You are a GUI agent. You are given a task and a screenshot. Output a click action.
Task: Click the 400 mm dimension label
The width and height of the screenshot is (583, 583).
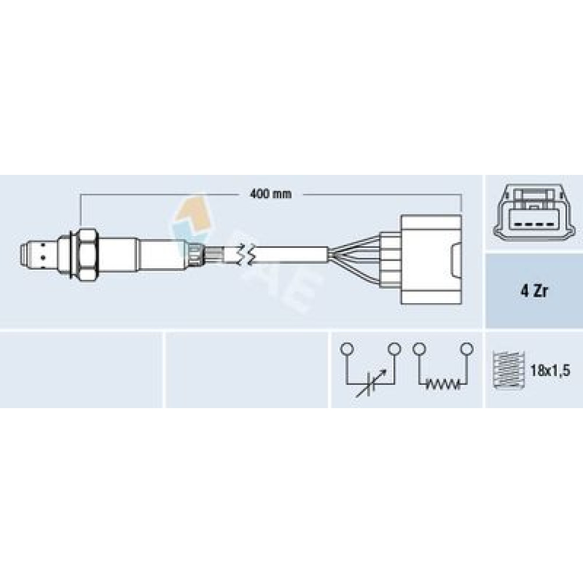point(271,194)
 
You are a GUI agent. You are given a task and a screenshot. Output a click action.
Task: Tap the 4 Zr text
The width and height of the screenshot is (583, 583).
point(534,291)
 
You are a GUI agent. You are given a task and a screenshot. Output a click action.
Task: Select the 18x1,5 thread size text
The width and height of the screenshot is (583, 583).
point(550,370)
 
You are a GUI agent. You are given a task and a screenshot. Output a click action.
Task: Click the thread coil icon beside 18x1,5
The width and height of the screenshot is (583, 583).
point(508,370)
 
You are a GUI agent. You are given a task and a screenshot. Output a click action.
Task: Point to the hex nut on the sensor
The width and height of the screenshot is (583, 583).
point(88,255)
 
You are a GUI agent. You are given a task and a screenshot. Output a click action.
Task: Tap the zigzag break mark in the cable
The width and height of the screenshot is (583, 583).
point(246,255)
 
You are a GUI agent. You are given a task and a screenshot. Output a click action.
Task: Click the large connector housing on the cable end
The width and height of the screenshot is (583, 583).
point(431,259)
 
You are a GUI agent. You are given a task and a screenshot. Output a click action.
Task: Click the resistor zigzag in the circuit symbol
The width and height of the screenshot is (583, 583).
point(442,384)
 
